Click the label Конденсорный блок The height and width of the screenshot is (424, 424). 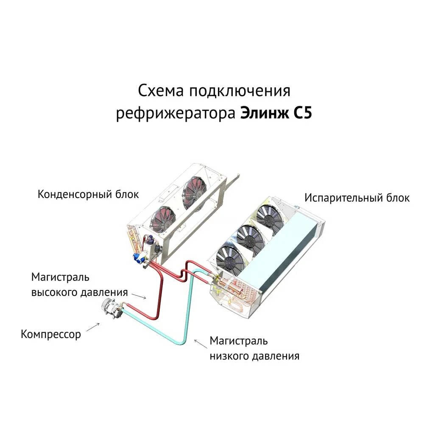pyautogui.click(x=88, y=194)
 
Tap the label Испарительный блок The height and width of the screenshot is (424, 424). pyautogui.click(x=357, y=198)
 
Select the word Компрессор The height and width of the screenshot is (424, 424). pyautogui.click(x=50, y=334)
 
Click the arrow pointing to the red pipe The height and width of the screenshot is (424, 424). pyautogui.click(x=139, y=296)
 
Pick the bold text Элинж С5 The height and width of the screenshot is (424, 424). pyautogui.click(x=276, y=114)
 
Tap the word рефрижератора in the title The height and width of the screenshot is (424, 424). pyautogui.click(x=176, y=114)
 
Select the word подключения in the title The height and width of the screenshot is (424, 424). pyautogui.click(x=240, y=91)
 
